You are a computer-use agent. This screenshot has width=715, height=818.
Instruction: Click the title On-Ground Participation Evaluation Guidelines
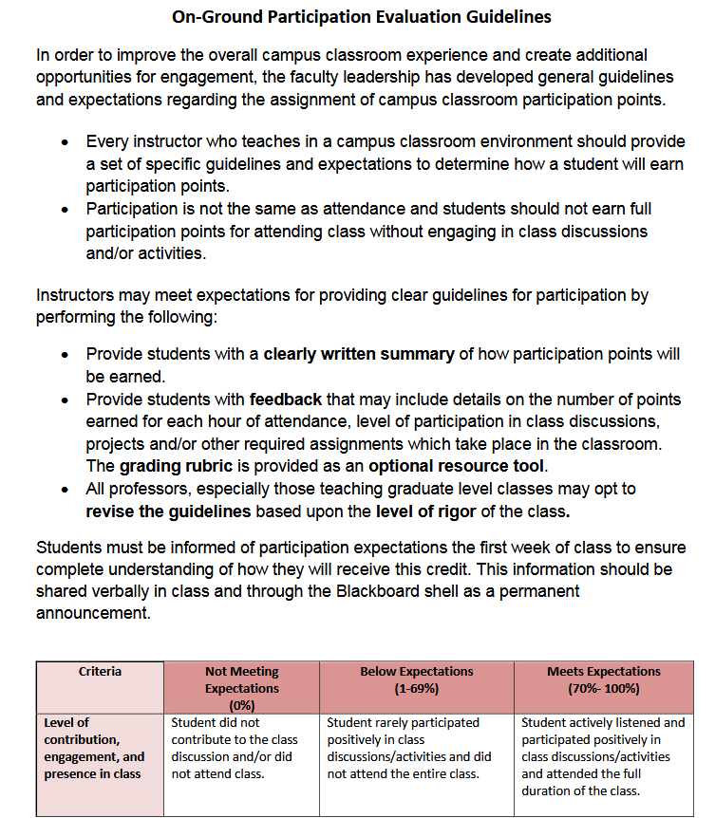[361, 17]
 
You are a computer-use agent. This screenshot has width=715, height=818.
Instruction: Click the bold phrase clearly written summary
[358, 354]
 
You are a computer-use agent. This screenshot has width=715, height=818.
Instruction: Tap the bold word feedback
[286, 399]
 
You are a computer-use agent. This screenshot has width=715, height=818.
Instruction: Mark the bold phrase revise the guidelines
[168, 511]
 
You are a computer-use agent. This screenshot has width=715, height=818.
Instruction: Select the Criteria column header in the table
[100, 672]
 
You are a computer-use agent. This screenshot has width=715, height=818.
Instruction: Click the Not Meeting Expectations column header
[241, 687]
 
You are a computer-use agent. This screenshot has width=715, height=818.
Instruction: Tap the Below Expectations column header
[416, 679]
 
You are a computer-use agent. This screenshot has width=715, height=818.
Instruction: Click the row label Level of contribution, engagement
[94, 748]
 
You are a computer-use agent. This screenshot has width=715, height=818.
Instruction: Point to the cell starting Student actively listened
[603, 756]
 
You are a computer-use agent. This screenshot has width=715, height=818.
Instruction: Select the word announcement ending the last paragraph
[93, 612]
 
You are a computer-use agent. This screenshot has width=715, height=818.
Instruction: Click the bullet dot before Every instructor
[65, 142]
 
